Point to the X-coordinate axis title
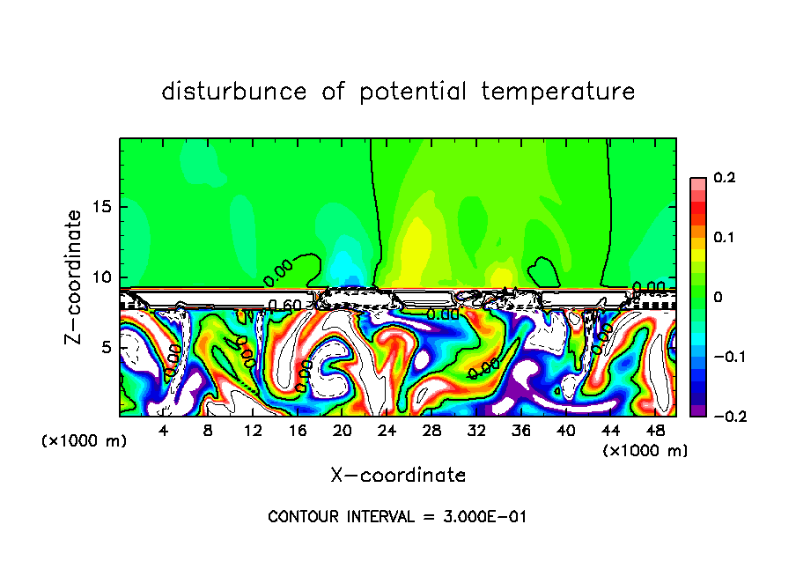(398, 476)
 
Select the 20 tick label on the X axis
(343, 432)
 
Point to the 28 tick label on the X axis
(432, 432)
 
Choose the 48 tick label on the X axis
(655, 432)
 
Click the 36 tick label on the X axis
(521, 432)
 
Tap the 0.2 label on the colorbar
(724, 178)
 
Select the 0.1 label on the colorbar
(724, 238)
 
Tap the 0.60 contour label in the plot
(285, 306)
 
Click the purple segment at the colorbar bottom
(697, 410)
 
